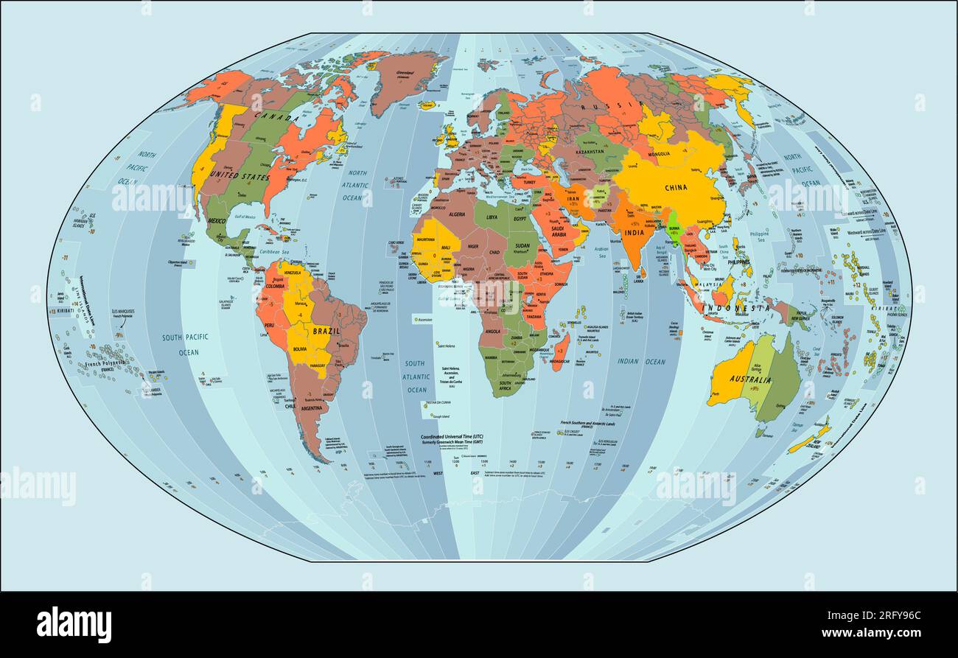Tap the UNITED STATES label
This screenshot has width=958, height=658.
click(239, 177)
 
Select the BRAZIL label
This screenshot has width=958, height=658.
click(326, 332)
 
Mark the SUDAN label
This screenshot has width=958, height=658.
click(522, 245)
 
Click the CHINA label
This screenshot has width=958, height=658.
click(675, 187)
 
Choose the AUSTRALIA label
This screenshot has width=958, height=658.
click(749, 380)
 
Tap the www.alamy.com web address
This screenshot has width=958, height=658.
click(873, 633)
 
